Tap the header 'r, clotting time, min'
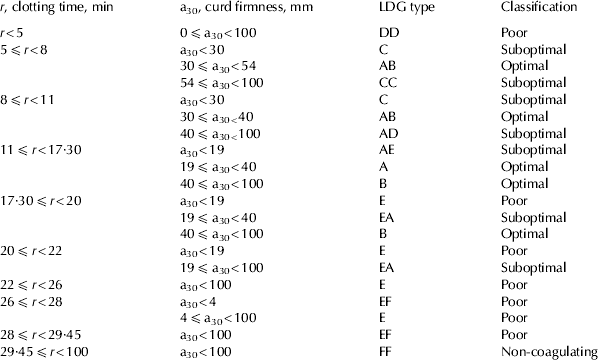61,7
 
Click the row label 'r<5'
14,32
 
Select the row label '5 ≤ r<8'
27,48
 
